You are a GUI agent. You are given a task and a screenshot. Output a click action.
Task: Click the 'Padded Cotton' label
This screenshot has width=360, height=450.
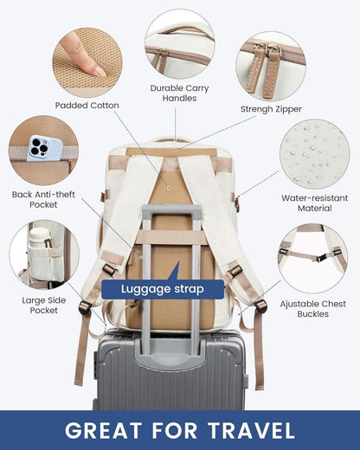click(x=87, y=106)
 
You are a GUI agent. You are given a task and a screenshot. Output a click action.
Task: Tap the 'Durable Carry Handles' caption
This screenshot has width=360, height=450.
click(x=179, y=93)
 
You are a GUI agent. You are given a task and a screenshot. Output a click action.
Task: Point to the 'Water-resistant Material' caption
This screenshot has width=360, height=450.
click(x=315, y=202)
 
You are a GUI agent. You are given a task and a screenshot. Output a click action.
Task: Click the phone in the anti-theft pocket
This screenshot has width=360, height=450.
click(x=40, y=148)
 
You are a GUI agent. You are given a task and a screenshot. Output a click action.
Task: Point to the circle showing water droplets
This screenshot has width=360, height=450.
click(x=314, y=153)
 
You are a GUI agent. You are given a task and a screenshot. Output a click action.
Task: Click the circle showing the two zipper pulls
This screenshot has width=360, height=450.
click(x=269, y=65)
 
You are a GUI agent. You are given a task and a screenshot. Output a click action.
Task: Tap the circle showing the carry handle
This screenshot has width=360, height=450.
click(x=179, y=43)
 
